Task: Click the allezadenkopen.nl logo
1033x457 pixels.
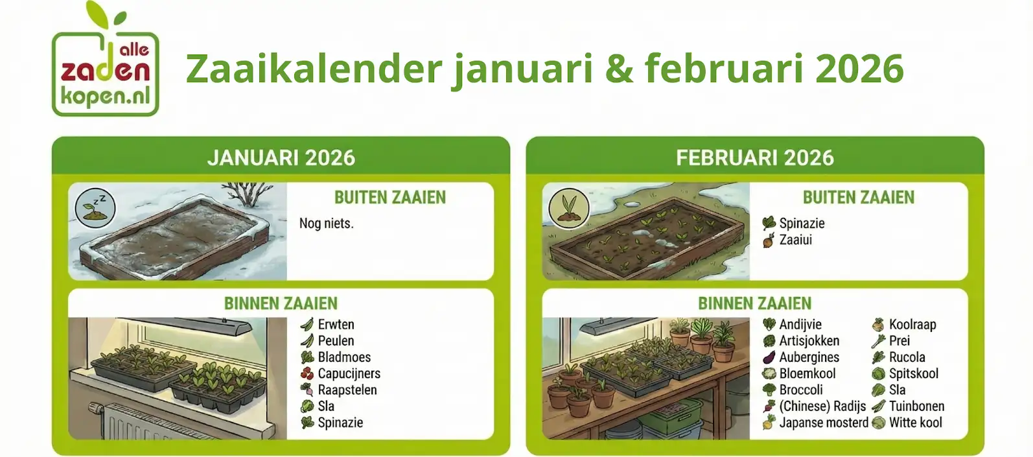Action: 106,59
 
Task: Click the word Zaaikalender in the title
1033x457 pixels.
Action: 314,69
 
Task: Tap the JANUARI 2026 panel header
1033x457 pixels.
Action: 281,158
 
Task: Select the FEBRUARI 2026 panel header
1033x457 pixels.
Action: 755,158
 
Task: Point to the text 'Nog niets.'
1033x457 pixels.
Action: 327,224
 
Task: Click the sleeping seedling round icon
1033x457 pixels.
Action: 95,208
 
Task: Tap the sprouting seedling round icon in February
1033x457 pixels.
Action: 569,208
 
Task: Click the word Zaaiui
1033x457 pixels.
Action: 796,240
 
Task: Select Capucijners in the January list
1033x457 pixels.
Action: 349,373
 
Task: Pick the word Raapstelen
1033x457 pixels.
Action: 347,390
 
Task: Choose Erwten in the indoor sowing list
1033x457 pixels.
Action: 336,324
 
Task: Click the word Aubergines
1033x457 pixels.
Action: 809,357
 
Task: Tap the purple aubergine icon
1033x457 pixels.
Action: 769,357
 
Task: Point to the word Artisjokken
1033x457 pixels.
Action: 809,341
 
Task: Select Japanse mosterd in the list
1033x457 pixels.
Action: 824,423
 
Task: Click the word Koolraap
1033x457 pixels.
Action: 912,325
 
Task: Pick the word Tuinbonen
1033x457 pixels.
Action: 917,406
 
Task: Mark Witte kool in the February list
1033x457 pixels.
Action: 916,423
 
